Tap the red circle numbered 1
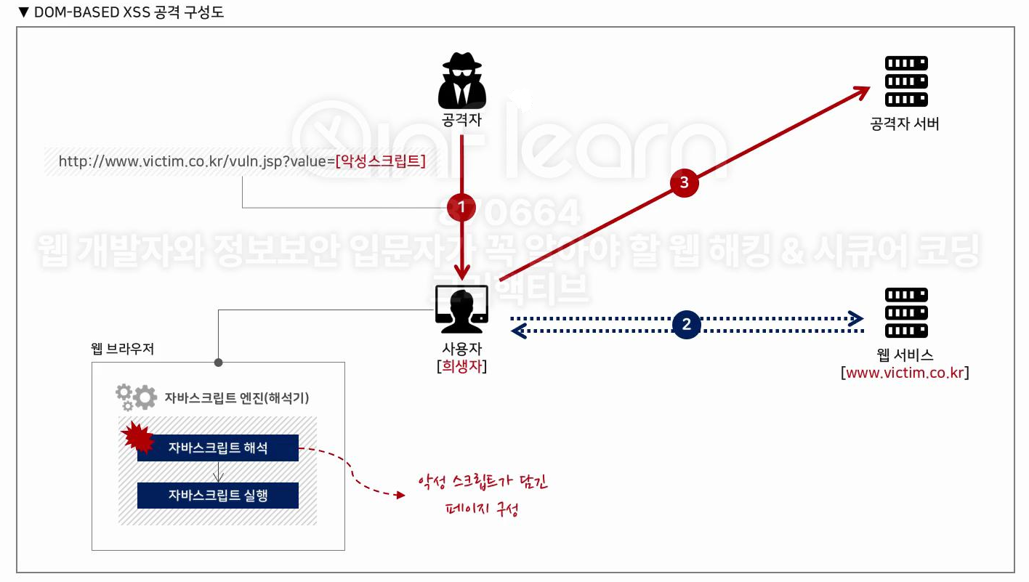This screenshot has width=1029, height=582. [461, 207]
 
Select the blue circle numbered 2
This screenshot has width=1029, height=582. [687, 324]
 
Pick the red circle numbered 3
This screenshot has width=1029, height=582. [683, 182]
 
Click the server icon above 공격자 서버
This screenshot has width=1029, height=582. [905, 81]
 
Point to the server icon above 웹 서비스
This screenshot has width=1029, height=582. [905, 313]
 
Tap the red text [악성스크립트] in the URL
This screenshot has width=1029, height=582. [380, 161]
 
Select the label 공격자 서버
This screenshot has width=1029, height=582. [905, 124]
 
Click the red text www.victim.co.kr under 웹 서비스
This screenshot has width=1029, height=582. [905, 373]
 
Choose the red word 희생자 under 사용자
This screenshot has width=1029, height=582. [462, 366]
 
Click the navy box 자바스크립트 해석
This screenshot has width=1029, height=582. [218, 448]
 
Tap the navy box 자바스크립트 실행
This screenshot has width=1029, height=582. [218, 495]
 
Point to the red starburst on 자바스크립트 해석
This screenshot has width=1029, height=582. [137, 437]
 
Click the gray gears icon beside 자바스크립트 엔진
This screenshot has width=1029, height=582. [136, 397]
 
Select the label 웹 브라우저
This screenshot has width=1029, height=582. [122, 348]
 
